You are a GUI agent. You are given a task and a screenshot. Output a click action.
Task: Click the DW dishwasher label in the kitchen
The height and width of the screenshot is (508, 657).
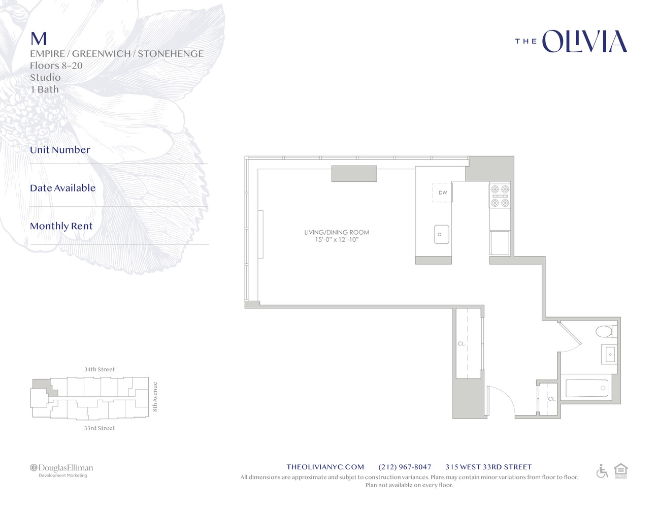pos(443,193)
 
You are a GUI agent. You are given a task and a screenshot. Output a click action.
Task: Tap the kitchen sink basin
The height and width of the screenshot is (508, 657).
pos(441,234)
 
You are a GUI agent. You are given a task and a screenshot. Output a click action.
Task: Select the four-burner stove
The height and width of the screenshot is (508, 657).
pos(500,196)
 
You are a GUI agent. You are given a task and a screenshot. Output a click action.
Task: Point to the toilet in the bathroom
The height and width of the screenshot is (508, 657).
pos(605,332)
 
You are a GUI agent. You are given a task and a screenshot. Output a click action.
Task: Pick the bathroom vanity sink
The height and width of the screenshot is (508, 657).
pos(610,354)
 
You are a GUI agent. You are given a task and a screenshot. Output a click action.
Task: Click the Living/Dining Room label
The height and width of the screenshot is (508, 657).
pos(337,232)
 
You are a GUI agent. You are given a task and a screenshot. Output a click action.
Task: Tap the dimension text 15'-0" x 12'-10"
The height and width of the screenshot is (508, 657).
pos(337,240)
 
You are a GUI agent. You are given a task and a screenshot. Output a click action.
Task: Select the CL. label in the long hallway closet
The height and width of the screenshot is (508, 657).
pos(462,344)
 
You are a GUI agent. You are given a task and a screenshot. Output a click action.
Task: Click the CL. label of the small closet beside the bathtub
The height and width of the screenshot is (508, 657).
pos(551,399)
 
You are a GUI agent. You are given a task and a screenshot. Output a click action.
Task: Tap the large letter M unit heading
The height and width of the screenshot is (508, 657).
pos(39,39)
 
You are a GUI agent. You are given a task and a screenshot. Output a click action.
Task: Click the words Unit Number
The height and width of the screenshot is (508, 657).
pos(60,150)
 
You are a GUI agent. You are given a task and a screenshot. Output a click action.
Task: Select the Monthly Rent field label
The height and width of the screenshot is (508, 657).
pos(61,226)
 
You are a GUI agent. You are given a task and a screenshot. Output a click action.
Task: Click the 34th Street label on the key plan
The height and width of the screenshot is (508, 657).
pos(100,369)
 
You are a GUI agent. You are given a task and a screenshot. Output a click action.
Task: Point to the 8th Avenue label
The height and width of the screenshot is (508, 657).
pos(155,397)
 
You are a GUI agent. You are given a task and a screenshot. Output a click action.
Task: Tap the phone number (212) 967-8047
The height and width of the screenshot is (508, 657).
pos(405,467)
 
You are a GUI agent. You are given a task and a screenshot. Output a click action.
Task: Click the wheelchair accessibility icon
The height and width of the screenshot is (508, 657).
pos(602,471)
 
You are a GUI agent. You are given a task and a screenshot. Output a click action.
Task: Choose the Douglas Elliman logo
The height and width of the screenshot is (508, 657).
pos(61,470)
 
